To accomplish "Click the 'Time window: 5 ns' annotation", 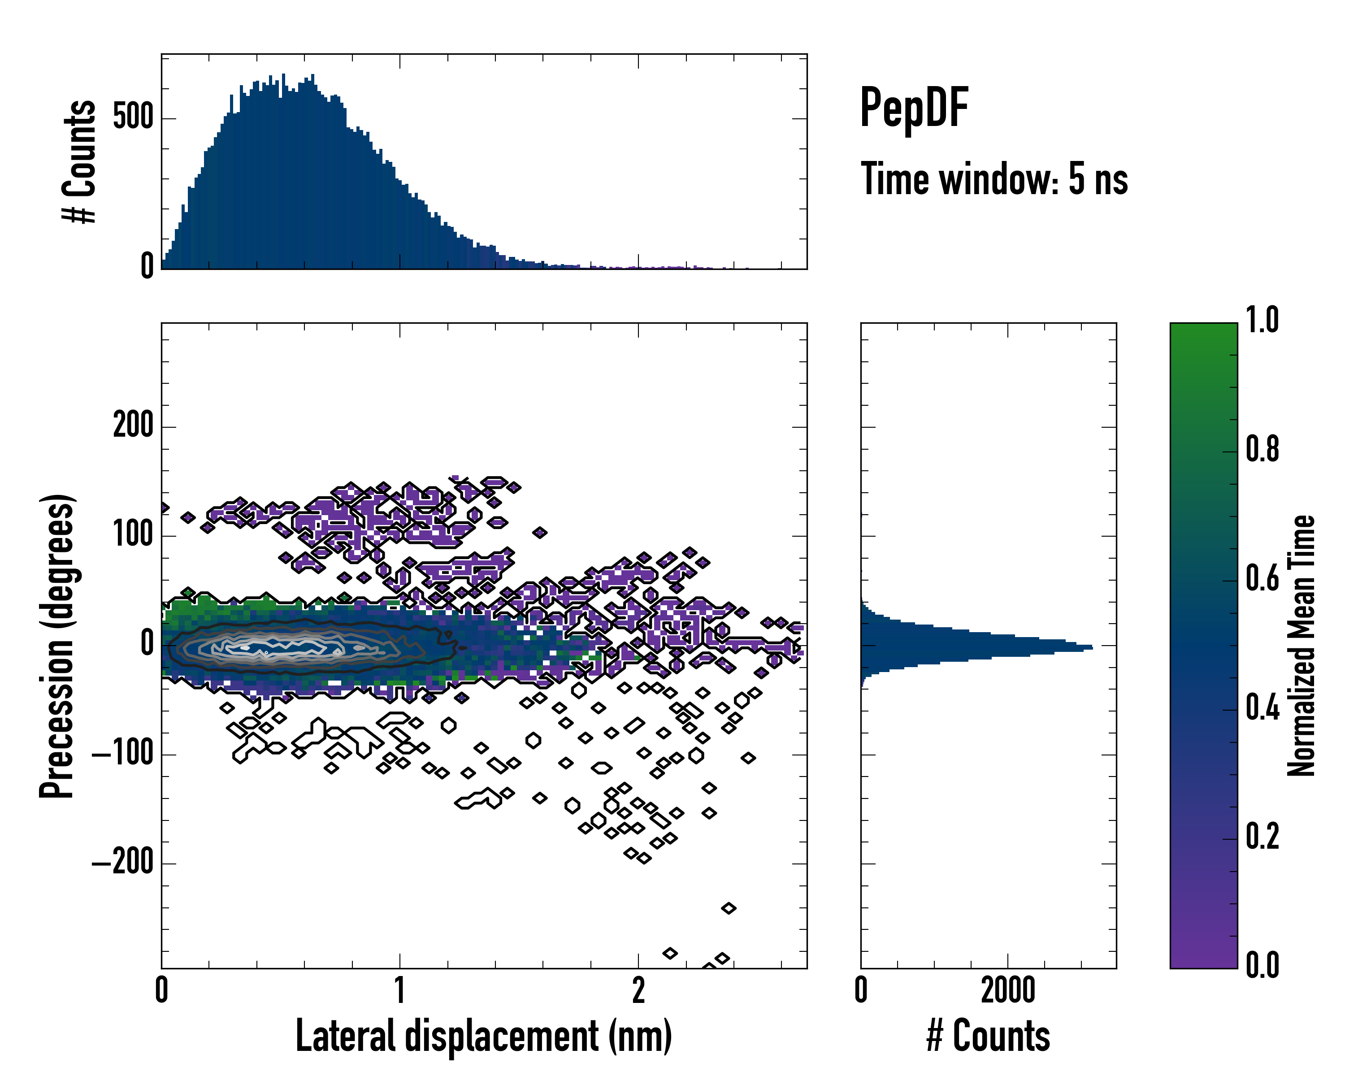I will (x=994, y=179).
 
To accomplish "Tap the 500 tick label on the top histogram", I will (x=133, y=117).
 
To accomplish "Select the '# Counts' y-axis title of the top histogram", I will (x=80, y=161).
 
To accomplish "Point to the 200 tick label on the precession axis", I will (x=133, y=427).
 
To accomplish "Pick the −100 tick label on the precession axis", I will (x=123, y=754).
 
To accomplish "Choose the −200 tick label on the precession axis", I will (x=123, y=863).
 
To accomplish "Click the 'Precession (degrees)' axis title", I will (x=57, y=646).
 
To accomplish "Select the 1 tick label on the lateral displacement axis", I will (x=400, y=990).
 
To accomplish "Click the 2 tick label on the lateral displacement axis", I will (x=638, y=990).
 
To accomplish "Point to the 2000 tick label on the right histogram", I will (x=1007, y=990).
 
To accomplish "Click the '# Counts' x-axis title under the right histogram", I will (x=988, y=1036).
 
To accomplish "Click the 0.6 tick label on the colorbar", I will (x=1262, y=579).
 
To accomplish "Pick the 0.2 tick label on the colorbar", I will (x=1262, y=837).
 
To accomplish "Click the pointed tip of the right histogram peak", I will (x=1092, y=647).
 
